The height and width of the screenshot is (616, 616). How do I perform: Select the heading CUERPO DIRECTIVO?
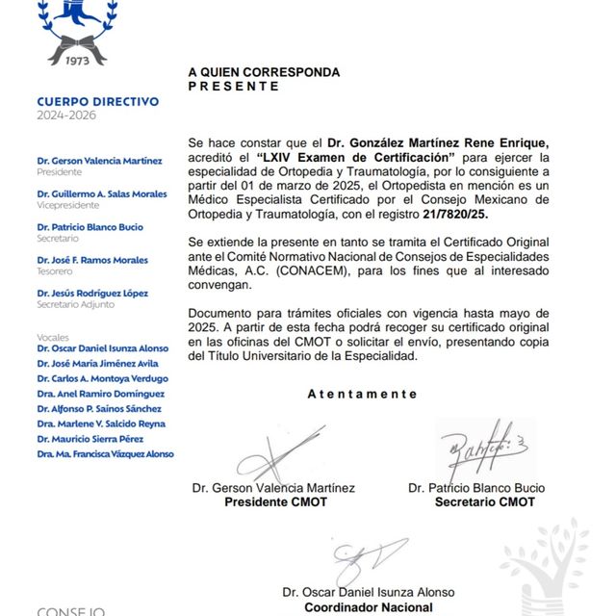pyautogui.click(x=97, y=101)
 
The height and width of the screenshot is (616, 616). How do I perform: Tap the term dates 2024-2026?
pyautogui.click(x=66, y=115)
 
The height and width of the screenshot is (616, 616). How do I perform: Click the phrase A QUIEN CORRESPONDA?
pyautogui.click(x=264, y=72)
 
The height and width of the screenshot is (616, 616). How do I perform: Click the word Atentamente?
pyautogui.click(x=362, y=394)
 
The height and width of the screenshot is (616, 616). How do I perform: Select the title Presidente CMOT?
pyautogui.click(x=275, y=502)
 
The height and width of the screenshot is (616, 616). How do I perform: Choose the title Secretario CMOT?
pyautogui.click(x=484, y=502)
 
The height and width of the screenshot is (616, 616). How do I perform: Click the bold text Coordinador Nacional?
pyautogui.click(x=369, y=607)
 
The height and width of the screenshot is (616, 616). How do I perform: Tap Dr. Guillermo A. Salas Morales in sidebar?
pyautogui.click(x=101, y=194)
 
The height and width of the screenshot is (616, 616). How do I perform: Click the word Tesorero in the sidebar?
pyautogui.click(x=56, y=271)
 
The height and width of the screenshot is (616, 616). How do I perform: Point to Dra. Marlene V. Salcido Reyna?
pyautogui.click(x=101, y=423)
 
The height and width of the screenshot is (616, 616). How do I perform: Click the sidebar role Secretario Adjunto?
pyautogui.click(x=75, y=305)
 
